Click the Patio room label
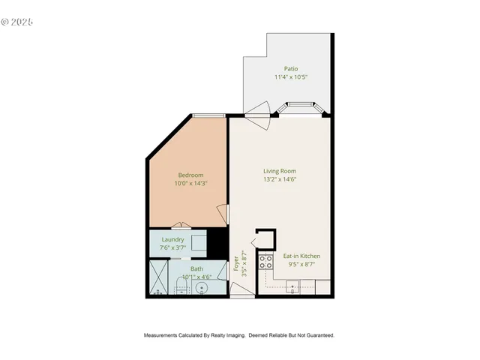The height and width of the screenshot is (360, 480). [x=290, y=68]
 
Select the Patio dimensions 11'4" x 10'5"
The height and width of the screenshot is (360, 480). [x=290, y=76]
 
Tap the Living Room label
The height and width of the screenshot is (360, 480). [x=279, y=171]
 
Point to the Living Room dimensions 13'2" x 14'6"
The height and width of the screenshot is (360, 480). [x=279, y=179]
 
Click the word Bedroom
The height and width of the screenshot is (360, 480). [x=190, y=175]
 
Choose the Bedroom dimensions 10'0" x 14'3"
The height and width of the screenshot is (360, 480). [x=190, y=183]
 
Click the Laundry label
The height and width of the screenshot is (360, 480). [x=172, y=240]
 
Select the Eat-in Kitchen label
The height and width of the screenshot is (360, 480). [x=301, y=256]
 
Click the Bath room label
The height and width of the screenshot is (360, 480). [x=196, y=268]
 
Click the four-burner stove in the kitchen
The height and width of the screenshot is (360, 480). [x=265, y=262]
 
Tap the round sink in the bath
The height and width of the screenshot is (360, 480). [x=201, y=288]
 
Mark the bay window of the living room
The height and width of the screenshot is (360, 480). [x=301, y=109]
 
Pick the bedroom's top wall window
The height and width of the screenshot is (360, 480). [x=208, y=115]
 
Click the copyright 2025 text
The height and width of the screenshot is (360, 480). [x=17, y=22]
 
